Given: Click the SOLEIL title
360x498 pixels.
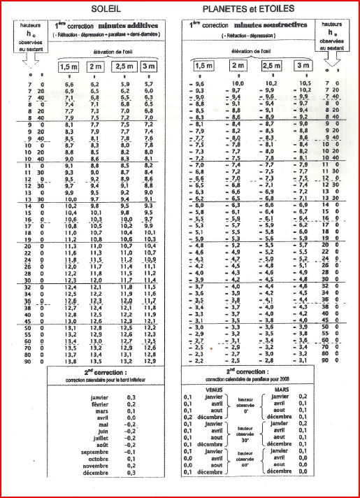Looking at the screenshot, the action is point(100,8).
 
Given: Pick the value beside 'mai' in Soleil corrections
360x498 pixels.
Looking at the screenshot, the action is point(129,425).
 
